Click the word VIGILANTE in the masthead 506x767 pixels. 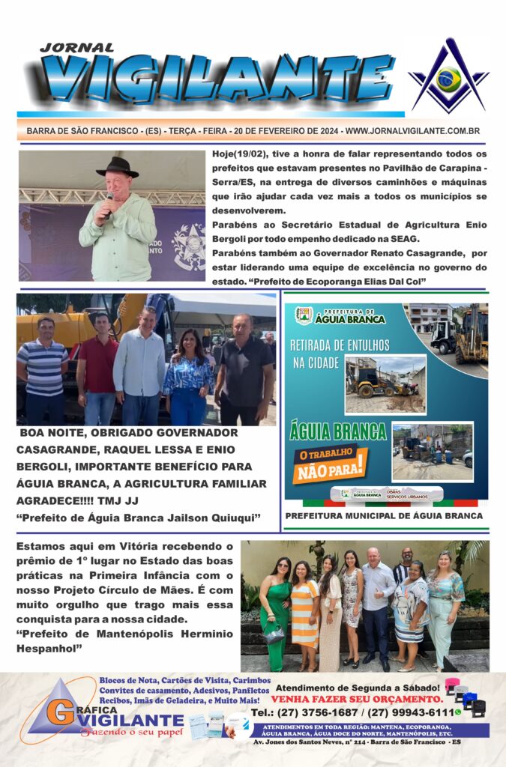pyautogui.click(x=217, y=79)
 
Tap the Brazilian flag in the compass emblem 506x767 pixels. pyautogui.click(x=448, y=79)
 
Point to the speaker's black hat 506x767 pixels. pyautogui.click(x=118, y=167)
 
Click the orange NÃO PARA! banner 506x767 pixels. pyautogui.click(x=330, y=464)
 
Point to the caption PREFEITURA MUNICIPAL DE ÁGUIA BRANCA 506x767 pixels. pyautogui.click(x=384, y=516)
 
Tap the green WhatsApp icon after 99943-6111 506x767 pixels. pyautogui.click(x=457, y=712)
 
